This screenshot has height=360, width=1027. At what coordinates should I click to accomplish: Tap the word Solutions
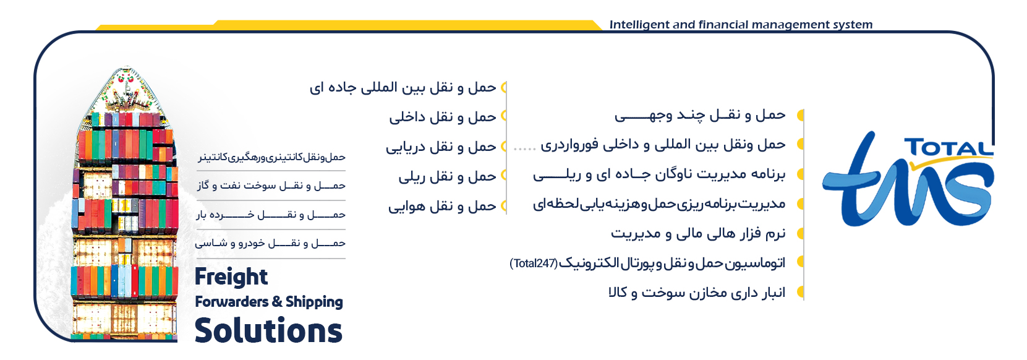[268, 330]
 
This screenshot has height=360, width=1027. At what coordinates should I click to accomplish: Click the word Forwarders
[231, 301]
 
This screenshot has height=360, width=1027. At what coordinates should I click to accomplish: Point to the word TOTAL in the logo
[948, 148]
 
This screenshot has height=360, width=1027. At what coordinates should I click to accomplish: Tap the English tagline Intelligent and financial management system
[741, 25]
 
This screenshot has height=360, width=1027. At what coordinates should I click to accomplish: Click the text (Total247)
[534, 264]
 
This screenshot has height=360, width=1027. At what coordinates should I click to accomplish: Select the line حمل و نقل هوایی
[443, 207]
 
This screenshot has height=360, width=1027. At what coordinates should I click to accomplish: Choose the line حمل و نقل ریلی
[448, 176]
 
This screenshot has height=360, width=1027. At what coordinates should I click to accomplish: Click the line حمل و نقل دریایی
[441, 147]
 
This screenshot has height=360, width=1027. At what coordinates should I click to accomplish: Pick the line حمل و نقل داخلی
[443, 117]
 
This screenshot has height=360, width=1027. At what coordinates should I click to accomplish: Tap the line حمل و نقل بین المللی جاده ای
[403, 87]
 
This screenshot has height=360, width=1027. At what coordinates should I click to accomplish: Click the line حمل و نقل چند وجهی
[700, 114]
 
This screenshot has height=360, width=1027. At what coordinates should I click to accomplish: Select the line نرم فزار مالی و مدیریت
[698, 233]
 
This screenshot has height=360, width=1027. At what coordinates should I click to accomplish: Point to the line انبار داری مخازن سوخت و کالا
[697, 292]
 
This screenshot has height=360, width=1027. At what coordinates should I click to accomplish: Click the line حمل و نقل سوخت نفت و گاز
[271, 186]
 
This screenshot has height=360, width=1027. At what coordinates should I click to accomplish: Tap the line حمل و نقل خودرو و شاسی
[270, 243]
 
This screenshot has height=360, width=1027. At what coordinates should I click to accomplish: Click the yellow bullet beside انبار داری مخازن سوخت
[801, 292]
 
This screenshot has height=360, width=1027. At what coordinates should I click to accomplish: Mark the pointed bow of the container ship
[127, 68]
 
